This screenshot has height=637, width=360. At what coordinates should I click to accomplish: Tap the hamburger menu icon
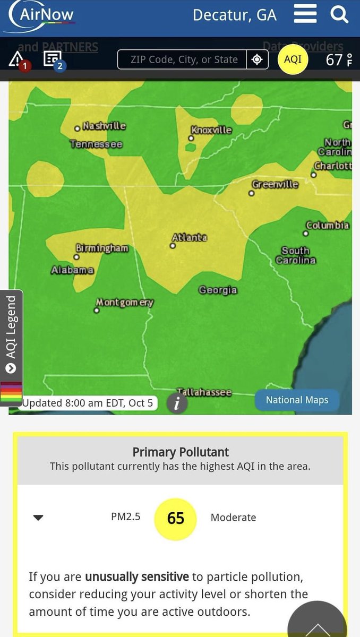[x=305, y=14]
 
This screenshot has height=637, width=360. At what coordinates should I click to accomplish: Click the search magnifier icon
[x=339, y=14]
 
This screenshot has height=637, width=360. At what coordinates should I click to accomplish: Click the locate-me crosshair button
[x=257, y=59]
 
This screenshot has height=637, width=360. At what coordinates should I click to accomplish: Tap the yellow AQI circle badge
[x=293, y=59]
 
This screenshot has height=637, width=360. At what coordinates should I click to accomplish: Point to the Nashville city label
[x=104, y=126]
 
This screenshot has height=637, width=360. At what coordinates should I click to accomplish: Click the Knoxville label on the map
[x=211, y=130]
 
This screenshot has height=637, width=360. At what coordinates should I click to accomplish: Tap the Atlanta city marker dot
[x=173, y=246]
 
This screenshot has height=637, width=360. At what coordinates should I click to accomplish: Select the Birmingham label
[x=102, y=248]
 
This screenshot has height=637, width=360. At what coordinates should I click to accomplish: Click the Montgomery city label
[x=125, y=302]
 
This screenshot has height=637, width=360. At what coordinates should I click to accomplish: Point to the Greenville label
[x=275, y=185]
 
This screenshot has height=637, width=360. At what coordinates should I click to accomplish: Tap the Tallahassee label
[x=204, y=392]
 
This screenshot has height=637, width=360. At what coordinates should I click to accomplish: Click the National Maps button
[x=297, y=400]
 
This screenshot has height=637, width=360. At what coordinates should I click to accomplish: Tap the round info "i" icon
[x=177, y=403]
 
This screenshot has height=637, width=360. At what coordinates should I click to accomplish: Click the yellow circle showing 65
[x=175, y=518]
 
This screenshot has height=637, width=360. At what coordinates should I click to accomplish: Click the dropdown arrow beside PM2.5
[x=38, y=518]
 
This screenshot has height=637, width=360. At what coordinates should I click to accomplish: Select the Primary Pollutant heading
[x=181, y=452]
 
